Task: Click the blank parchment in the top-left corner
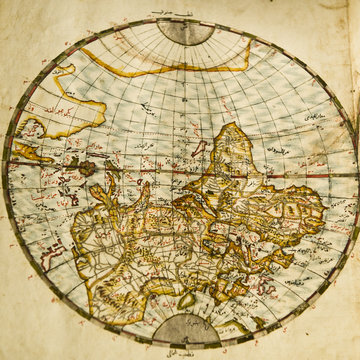point(25,25)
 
